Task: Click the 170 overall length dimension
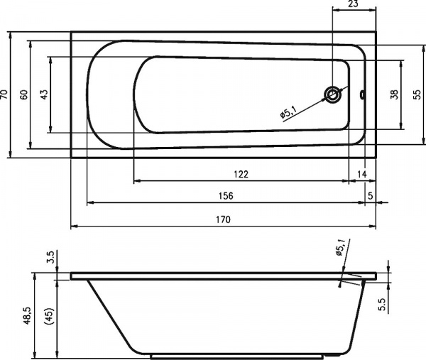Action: click(x=224, y=219)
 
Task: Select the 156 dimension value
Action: click(x=226, y=196)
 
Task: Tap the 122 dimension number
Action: click(x=241, y=174)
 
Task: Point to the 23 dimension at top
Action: click(x=353, y=4)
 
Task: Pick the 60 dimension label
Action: click(x=24, y=94)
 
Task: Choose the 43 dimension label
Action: click(x=44, y=94)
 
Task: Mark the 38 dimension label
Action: click(x=394, y=94)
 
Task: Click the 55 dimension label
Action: click(x=417, y=94)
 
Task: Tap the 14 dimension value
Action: click(x=361, y=174)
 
